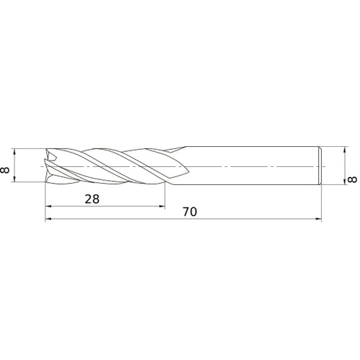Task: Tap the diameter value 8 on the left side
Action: point(6,169)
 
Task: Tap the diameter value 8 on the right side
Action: point(351,178)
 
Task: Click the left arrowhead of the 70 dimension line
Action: point(49,220)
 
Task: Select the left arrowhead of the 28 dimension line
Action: point(49,206)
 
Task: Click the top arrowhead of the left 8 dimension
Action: point(16,151)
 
